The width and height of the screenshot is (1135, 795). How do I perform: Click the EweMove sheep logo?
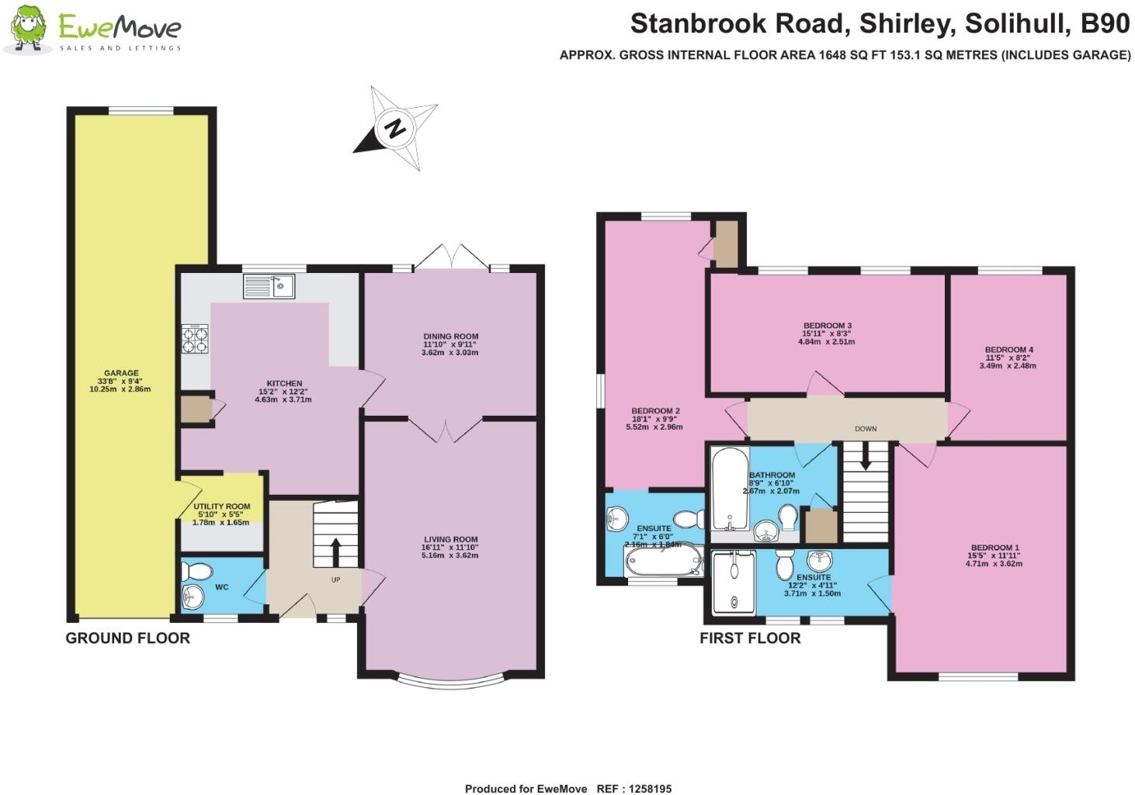coord(30,29)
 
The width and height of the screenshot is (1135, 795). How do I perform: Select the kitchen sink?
coord(269,286)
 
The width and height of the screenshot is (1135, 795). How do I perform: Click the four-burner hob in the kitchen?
coord(195,338)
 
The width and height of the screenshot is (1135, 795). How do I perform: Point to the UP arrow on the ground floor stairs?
coord(335,551)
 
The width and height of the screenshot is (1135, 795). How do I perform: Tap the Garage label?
coord(120,373)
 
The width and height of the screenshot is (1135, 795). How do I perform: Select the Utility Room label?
coord(221,506)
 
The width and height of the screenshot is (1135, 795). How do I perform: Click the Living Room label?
coord(450,539)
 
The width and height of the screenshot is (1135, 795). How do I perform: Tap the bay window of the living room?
coord(450,683)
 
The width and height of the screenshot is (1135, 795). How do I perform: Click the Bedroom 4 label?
coord(1008,350)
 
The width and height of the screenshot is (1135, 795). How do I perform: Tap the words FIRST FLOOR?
coord(749,638)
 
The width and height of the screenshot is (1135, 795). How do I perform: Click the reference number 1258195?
coord(645,789)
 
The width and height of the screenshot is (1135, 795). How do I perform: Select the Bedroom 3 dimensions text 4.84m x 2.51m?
coord(827,341)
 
